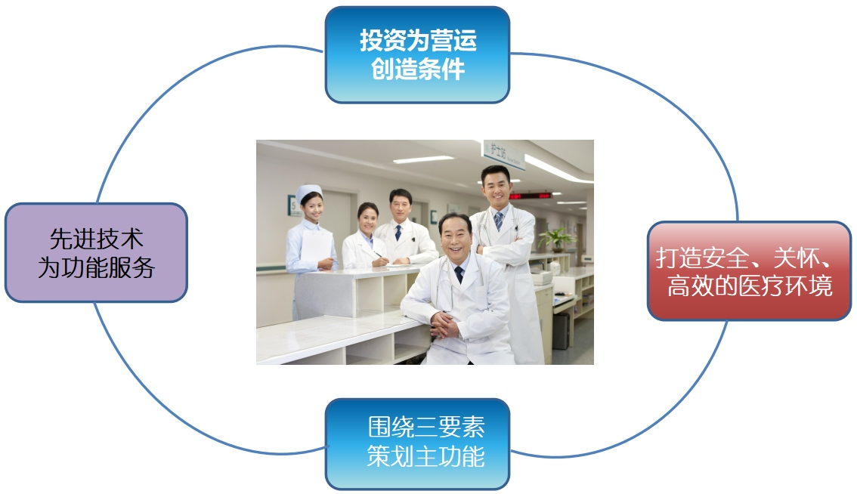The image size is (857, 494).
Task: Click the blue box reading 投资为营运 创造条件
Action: click(417, 54)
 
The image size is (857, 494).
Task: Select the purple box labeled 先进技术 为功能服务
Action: click(96, 252)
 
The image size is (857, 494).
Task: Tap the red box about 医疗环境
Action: click(749, 270)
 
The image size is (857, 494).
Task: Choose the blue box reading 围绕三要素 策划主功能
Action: click(417, 443)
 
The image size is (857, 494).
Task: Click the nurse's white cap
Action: click(308, 193)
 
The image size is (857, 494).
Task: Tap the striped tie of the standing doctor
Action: click(499, 221)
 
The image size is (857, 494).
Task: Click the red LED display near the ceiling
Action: click(531, 196)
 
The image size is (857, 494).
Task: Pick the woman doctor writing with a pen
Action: click(367, 236)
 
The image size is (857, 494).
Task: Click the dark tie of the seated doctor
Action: click(459, 274)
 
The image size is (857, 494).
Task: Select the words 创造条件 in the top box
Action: click(417, 70)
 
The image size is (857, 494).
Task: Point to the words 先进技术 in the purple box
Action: click(96, 239)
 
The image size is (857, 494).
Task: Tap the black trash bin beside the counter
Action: click(560, 332)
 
